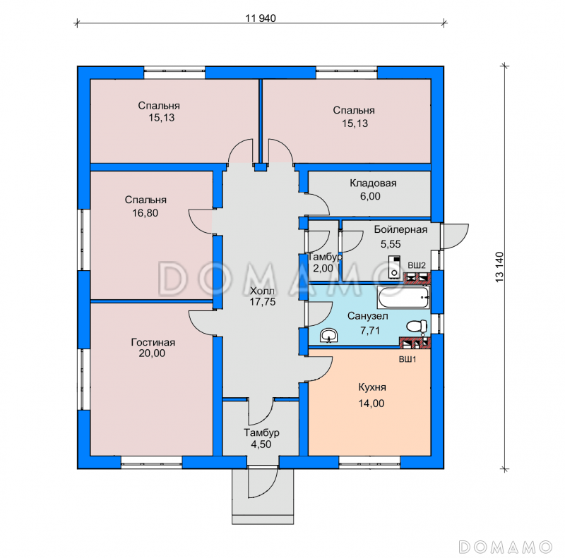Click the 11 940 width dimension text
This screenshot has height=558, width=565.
pyautogui.click(x=261, y=18)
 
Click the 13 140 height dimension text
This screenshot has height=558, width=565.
pyautogui.click(x=499, y=267)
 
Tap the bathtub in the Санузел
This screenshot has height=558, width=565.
pyautogui.click(x=403, y=297)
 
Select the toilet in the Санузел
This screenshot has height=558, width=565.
pyautogui.click(x=417, y=327)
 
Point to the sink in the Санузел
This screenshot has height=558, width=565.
pyautogui.click(x=328, y=335)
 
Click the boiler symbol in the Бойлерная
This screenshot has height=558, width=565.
pyautogui.click(x=394, y=267)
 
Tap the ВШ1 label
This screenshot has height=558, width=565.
pyautogui.click(x=408, y=359)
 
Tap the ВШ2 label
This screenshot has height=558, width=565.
pyautogui.click(x=417, y=266)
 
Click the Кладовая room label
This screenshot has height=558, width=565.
pyautogui.click(x=373, y=183)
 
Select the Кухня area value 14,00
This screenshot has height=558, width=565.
pyautogui.click(x=371, y=404)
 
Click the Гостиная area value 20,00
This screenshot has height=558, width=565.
pyautogui.click(x=152, y=353)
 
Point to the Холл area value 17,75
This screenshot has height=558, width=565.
pyautogui.click(x=263, y=302)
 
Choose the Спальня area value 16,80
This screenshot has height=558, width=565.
pyautogui.click(x=145, y=213)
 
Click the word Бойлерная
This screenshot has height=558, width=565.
pyautogui.click(x=400, y=229)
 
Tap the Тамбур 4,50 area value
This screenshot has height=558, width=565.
pyautogui.click(x=261, y=444)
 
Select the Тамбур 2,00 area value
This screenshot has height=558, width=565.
pyautogui.click(x=323, y=268)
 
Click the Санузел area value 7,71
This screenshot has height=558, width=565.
pyautogui.click(x=370, y=330)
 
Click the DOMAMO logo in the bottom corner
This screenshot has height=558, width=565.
pyautogui.click(x=505, y=547)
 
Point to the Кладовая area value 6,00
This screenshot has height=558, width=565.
pyautogui.click(x=370, y=196)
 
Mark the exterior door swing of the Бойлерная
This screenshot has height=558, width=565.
pyautogui.click(x=455, y=236)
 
